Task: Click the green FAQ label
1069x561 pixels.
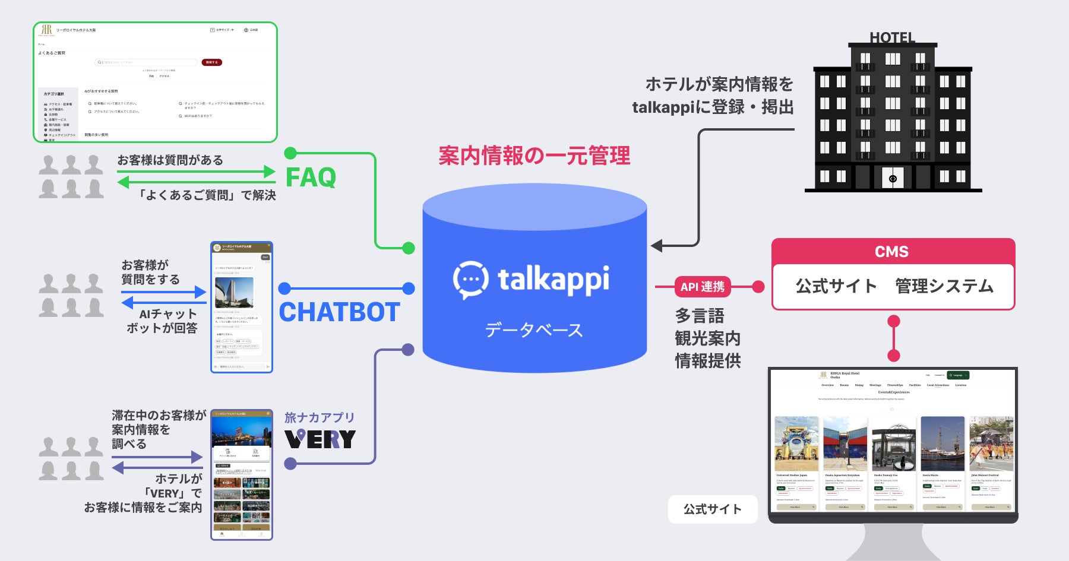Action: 311,178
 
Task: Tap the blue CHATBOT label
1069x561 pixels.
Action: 339,312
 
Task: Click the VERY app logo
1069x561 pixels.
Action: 320,439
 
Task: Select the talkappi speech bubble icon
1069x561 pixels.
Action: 471,279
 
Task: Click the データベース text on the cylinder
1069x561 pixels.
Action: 534,330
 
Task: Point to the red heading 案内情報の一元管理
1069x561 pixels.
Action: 534,156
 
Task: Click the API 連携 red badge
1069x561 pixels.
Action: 702,287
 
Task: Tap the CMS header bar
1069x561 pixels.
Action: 892,252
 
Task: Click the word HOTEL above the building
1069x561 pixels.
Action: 892,37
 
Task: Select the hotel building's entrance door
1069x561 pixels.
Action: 893,178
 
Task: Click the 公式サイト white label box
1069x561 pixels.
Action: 712,509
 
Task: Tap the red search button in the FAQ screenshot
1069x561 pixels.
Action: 212,62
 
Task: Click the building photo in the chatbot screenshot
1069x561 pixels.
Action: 234,291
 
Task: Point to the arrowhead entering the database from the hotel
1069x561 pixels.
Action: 656,245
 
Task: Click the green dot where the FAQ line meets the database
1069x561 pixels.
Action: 409,248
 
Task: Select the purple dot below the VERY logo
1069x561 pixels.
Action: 290,464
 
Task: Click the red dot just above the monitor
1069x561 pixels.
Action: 893,356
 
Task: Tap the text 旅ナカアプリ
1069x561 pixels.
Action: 319,417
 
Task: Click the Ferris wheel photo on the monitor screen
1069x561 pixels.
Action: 894,444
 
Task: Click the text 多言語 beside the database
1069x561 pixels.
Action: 700,315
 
